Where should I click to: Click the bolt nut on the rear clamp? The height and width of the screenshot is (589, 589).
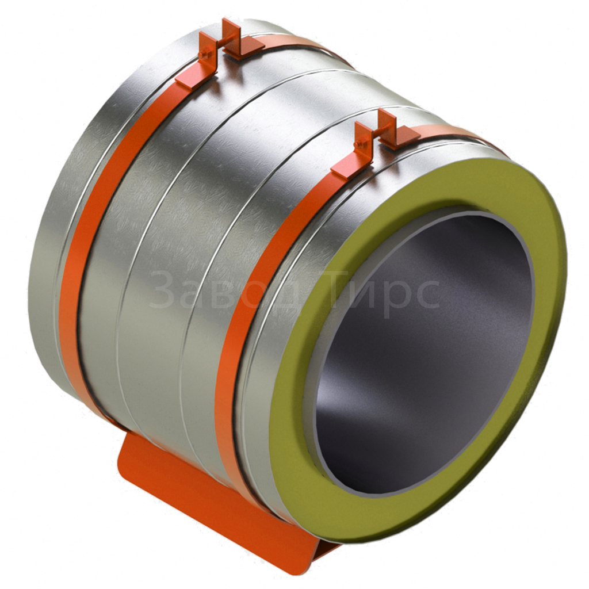pos(203,55)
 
